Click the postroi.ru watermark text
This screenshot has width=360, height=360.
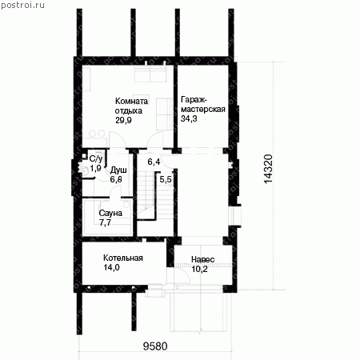click(x=22, y=6)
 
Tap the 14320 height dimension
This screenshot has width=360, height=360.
click(x=268, y=169)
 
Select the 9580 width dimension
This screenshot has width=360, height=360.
click(x=155, y=346)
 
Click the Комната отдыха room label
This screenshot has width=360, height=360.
click(x=131, y=106)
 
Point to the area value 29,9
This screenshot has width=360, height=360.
click(x=123, y=120)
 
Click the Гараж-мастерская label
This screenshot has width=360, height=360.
click(x=203, y=104)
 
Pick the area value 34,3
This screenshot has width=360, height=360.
click(x=189, y=118)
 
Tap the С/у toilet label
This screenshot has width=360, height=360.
click(x=96, y=159)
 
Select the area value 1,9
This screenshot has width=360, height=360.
click(x=95, y=168)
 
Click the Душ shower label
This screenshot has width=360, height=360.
click(x=118, y=170)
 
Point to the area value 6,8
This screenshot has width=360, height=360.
click(x=116, y=179)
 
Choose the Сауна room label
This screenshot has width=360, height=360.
click(x=110, y=213)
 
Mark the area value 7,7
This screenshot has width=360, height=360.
click(x=105, y=222)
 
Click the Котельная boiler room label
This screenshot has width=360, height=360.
click(x=123, y=258)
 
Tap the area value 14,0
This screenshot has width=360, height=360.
click(x=111, y=267)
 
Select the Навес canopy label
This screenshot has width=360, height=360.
click(x=202, y=259)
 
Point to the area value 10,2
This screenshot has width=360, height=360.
click(x=199, y=269)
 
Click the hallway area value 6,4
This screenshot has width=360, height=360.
click(x=154, y=162)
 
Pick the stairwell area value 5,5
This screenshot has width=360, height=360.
click(x=166, y=179)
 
